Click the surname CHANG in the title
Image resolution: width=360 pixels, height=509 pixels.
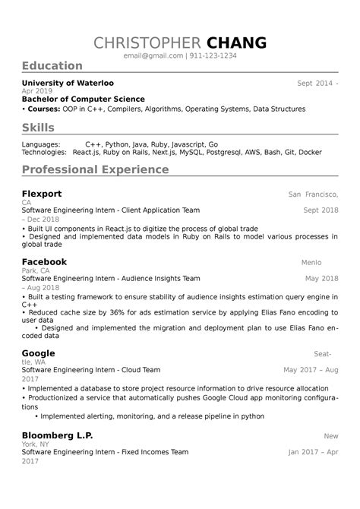238,43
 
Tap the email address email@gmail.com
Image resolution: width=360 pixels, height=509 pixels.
154,56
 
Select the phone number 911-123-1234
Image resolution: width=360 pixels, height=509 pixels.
213,56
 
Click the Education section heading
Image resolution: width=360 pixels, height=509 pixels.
52,66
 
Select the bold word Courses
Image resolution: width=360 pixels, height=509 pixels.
43,109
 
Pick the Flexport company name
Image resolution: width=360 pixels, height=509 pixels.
42,194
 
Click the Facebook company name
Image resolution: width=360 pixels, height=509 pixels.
44,261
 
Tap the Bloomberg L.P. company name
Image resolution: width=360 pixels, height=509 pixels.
58,436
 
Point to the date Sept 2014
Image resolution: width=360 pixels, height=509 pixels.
314,82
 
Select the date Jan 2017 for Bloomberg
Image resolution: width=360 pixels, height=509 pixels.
305,452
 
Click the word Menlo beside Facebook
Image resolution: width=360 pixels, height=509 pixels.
312,262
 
